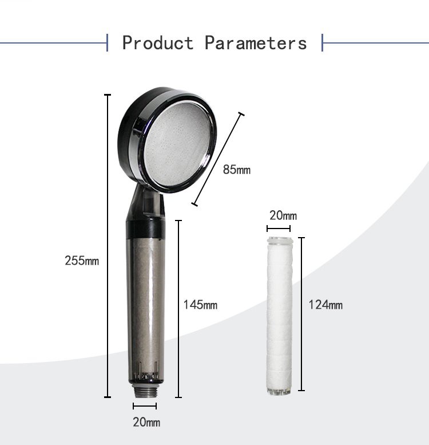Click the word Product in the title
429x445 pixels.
point(158,43)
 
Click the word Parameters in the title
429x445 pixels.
point(256,43)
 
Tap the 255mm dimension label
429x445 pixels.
point(82,261)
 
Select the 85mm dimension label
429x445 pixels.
point(237,170)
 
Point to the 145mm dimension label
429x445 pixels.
point(200,305)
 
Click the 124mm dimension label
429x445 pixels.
point(325,305)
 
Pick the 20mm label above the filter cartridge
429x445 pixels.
point(283,215)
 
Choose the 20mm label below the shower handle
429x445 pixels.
point(146,422)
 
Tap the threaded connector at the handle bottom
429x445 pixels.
point(145,389)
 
